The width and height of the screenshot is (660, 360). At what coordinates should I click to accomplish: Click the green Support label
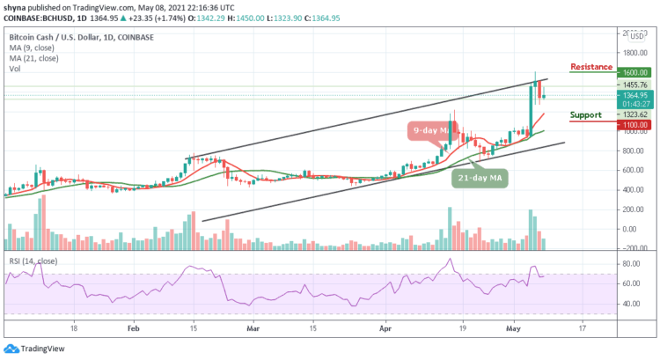(585, 115)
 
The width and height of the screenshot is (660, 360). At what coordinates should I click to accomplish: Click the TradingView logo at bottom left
(35, 348)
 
